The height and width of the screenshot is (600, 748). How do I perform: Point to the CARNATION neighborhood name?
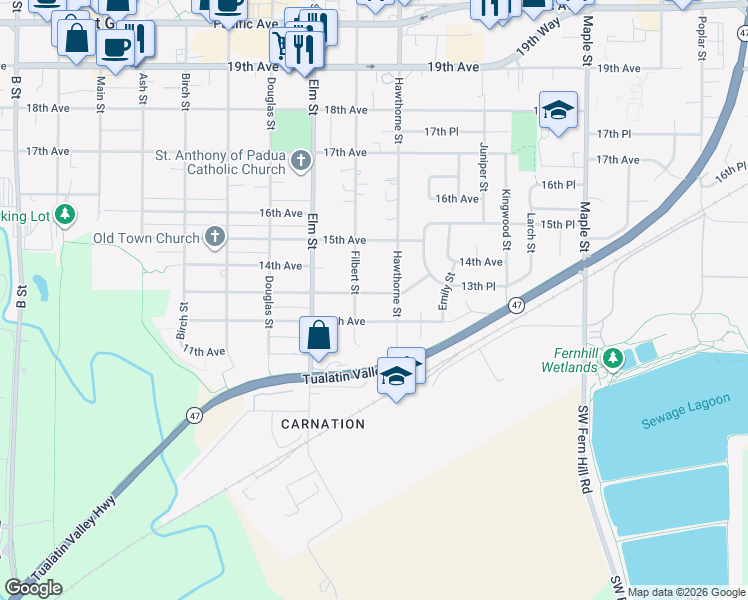coord(323,424)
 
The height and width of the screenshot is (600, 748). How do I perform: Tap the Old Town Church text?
coord(146,238)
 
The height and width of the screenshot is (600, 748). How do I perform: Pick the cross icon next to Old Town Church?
coord(212,238)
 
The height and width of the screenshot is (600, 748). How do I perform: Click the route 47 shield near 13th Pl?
coord(516,305)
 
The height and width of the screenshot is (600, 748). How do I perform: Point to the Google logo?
coord(33,588)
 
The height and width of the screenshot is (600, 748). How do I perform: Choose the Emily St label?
coord(446,291)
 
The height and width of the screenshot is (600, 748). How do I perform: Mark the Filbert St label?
coord(355,272)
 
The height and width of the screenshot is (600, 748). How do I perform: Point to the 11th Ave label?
coord(204,352)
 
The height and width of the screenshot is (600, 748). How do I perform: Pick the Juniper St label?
coord(483,165)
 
